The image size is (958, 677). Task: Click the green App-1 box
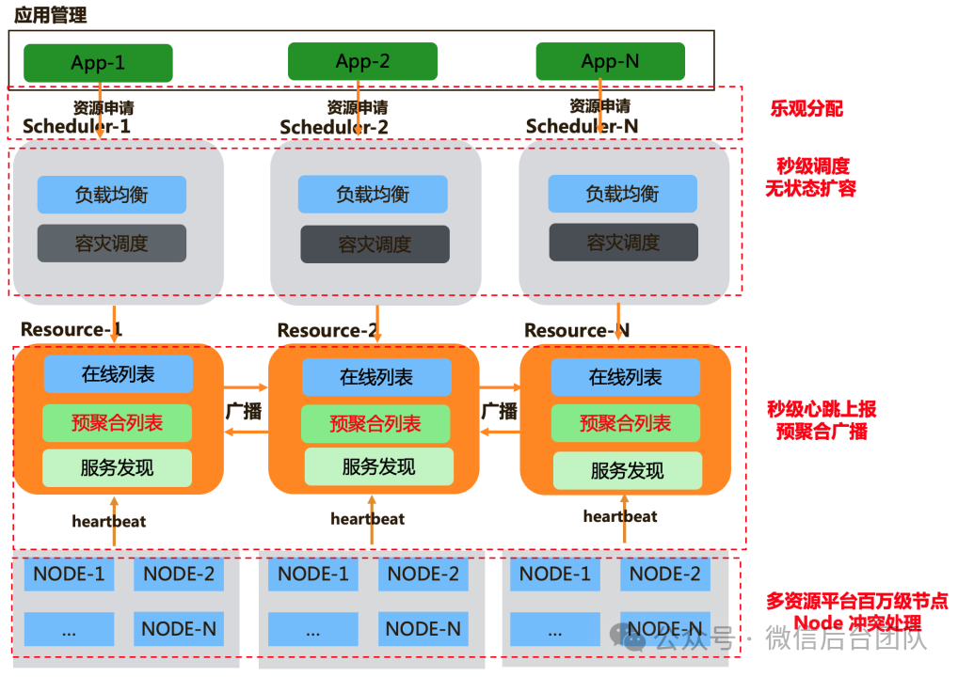click(x=98, y=63)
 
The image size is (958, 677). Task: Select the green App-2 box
click(x=362, y=62)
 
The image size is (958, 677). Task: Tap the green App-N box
click(x=610, y=62)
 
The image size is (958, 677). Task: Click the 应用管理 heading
click(x=50, y=15)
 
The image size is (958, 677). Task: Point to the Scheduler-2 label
click(x=334, y=127)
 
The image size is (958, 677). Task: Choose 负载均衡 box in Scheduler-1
click(x=112, y=195)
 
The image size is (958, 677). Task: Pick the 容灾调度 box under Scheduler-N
click(x=623, y=242)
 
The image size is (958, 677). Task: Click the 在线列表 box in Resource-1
click(x=118, y=374)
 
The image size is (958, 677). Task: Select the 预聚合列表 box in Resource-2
click(x=375, y=424)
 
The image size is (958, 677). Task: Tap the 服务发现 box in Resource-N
click(x=627, y=471)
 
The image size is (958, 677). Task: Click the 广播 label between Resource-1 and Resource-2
click(x=244, y=411)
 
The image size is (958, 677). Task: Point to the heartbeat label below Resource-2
click(x=368, y=518)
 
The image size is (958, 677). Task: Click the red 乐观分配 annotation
click(x=806, y=108)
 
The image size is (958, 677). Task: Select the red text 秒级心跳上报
click(x=822, y=409)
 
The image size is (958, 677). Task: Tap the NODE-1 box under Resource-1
click(x=69, y=574)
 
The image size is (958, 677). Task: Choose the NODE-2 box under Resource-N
click(x=664, y=574)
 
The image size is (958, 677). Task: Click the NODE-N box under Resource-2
click(x=423, y=628)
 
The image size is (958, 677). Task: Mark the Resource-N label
click(x=577, y=330)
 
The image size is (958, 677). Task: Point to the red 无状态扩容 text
click(x=810, y=188)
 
